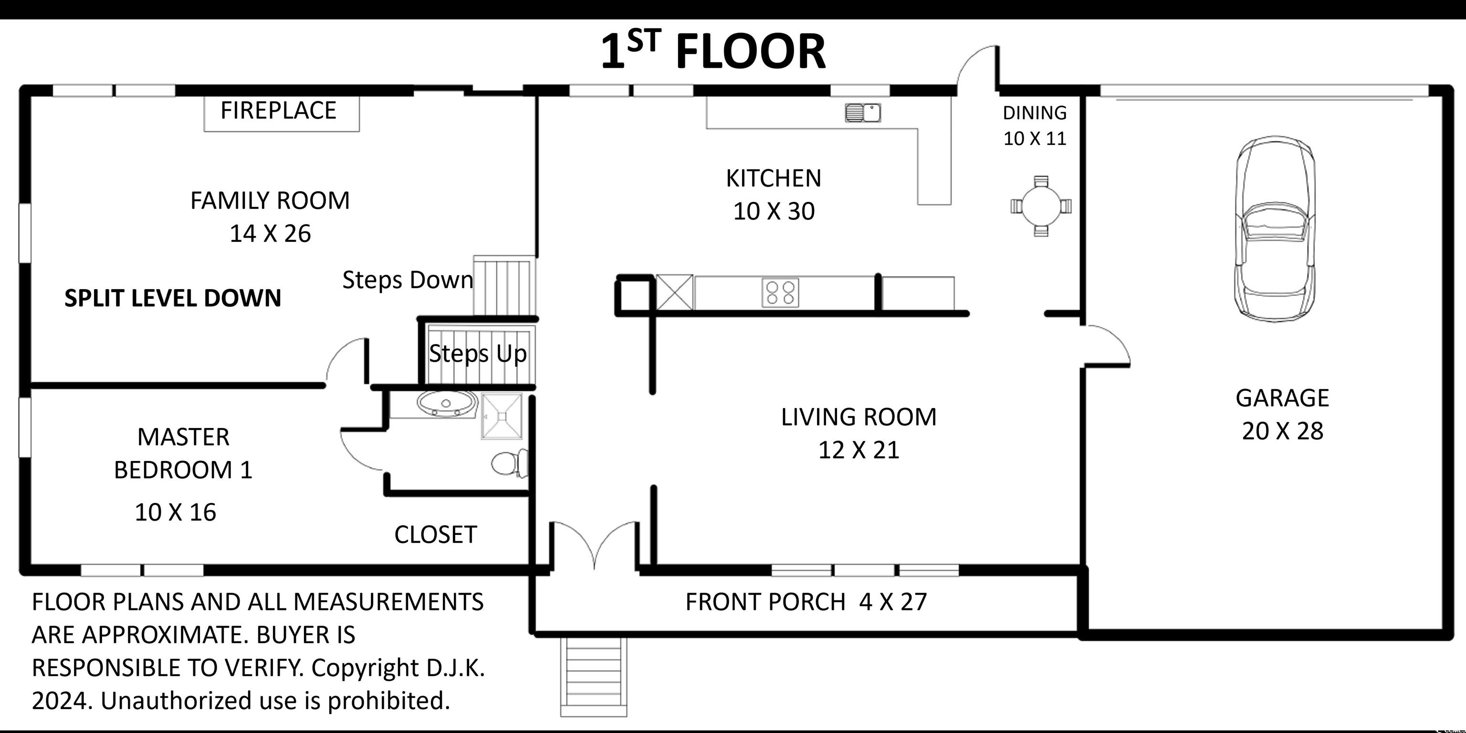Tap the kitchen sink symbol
pos(863,113)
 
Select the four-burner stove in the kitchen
pos(780,293)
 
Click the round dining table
pos(1041,206)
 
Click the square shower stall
pos(502,417)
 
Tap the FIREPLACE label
pos(278,110)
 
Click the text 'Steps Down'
pos(408,280)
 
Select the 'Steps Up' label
pos(478,354)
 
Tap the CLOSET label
pos(435,535)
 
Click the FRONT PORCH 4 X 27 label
pos(806,602)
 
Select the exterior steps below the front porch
pos(594,677)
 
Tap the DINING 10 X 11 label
pos(1035,125)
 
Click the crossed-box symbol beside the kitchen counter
pos(675,293)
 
